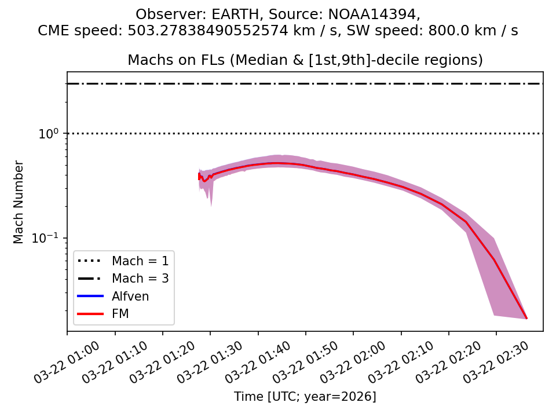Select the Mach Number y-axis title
coord(19,202)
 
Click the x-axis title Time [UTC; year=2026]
coord(305,397)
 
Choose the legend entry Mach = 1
coord(140,261)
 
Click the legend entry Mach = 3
coord(140,279)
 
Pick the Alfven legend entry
coord(130,297)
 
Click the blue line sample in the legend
coord(90,297)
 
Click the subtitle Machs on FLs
coord(305,60)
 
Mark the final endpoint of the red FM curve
coord(526,318)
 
